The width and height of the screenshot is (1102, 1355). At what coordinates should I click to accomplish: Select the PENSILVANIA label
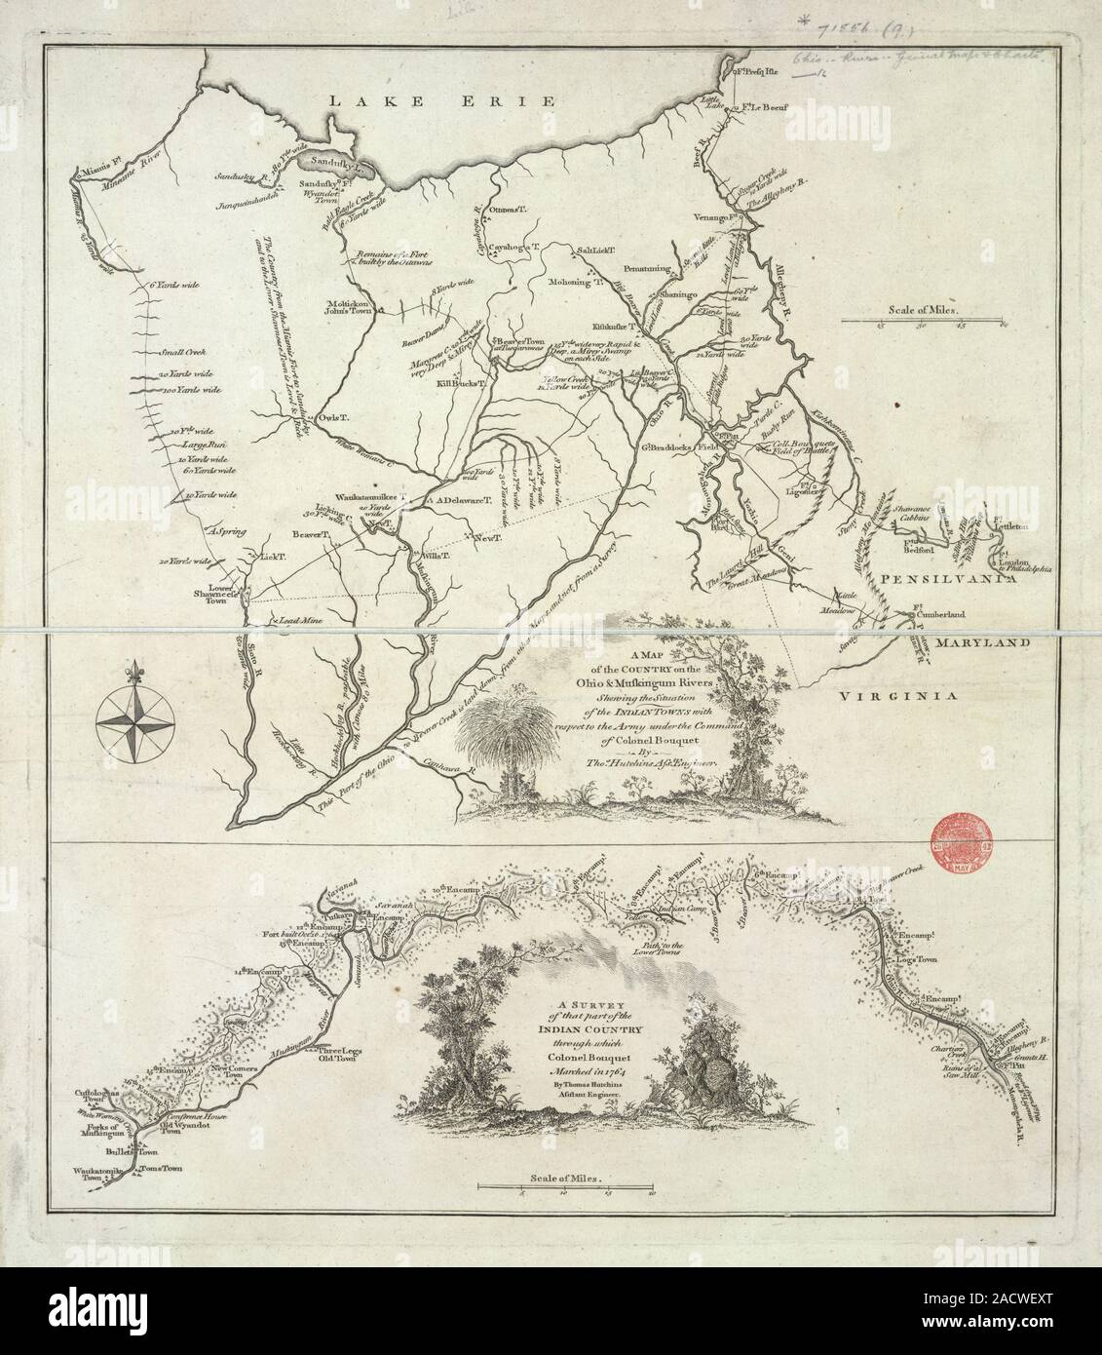(932, 578)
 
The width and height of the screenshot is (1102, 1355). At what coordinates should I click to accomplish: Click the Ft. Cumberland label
(934, 615)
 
